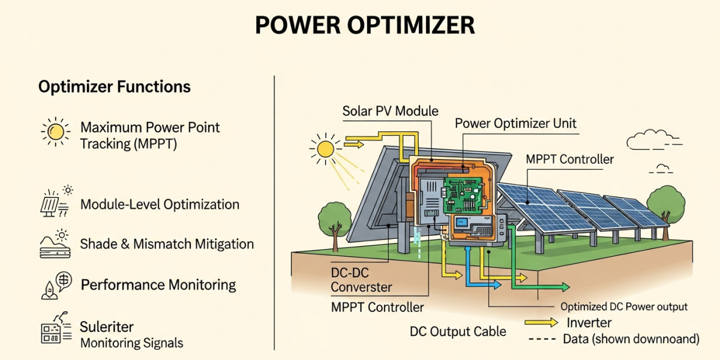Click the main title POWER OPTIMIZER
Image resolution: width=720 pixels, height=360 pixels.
tap(364, 26)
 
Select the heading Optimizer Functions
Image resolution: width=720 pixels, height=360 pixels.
tap(114, 87)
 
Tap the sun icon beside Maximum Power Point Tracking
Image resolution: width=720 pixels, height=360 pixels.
tap(55, 131)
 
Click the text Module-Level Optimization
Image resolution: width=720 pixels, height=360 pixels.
tap(160, 204)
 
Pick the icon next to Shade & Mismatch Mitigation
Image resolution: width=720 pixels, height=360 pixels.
tap(55, 244)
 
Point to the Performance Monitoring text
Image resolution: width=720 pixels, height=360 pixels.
tap(158, 284)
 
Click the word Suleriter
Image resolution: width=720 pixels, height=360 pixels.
tap(107, 327)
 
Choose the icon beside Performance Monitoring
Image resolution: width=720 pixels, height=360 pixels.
tap(55, 285)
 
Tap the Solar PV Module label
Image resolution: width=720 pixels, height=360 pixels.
tap(390, 111)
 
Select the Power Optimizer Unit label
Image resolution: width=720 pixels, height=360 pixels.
tap(515, 124)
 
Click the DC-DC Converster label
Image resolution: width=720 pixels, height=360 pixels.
tap(361, 280)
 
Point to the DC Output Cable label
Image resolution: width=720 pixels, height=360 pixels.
tap(458, 331)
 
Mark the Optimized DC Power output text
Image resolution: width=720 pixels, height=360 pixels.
tap(624, 307)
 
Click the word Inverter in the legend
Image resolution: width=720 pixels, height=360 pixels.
tap(589, 323)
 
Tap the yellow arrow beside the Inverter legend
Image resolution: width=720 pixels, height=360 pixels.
tap(542, 323)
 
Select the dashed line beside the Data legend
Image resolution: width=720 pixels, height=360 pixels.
tap(542, 339)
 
